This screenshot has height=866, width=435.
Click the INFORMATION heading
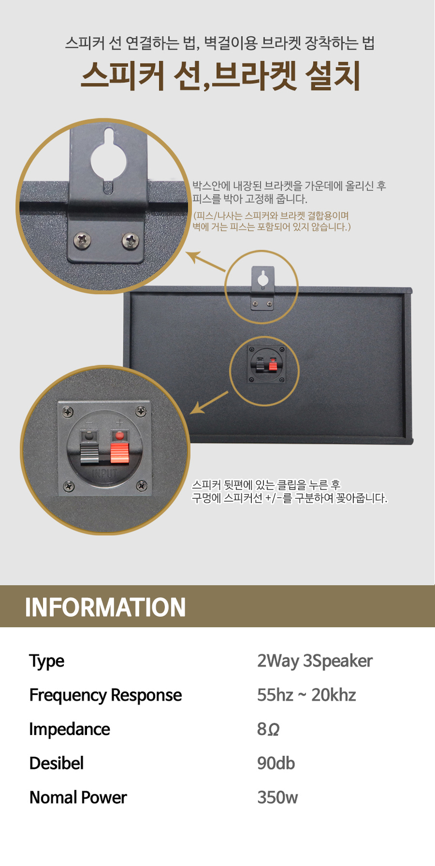(x=105, y=607)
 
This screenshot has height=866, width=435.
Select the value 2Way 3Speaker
(x=315, y=661)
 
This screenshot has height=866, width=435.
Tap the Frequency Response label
(x=106, y=695)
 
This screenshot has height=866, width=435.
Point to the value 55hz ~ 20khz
(x=307, y=695)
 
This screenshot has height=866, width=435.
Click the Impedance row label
(x=70, y=729)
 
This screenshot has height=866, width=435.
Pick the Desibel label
(x=57, y=763)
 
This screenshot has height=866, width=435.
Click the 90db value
(x=276, y=763)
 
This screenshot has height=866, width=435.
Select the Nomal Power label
(x=78, y=798)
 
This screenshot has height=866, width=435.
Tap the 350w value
(x=278, y=798)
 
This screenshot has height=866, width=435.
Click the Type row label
(x=47, y=662)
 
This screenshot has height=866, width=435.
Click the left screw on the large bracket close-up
(x=82, y=240)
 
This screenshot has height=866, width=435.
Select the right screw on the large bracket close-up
(x=130, y=241)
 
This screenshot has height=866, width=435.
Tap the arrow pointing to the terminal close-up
(x=209, y=403)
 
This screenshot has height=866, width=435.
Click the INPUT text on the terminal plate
(x=104, y=473)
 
